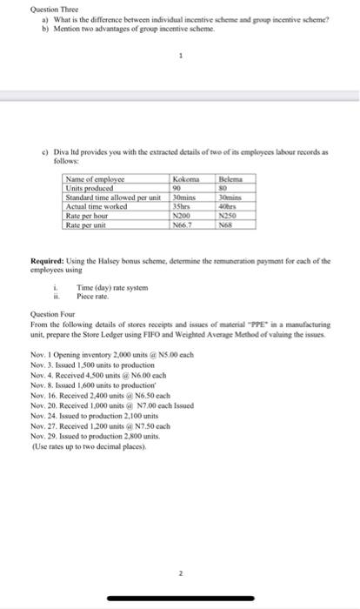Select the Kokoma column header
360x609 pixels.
click(186, 177)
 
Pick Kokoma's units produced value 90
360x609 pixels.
click(178, 185)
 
